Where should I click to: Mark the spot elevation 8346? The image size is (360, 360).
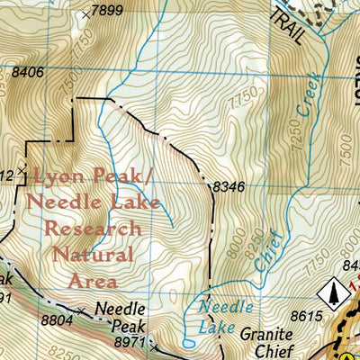[x=229, y=186]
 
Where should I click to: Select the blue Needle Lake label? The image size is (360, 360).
[x=221, y=317]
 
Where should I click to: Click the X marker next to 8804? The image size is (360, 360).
[x=83, y=311]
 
